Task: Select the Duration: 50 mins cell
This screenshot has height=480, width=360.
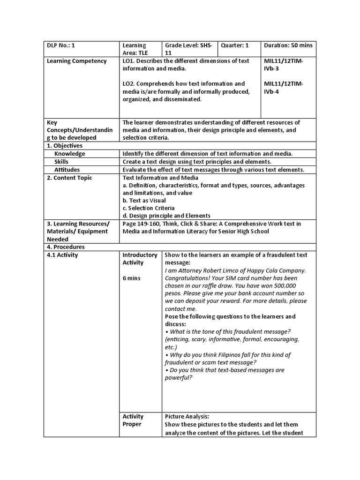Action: pyautogui.click(x=288, y=45)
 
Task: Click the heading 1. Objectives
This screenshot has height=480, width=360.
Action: pyautogui.click(x=65, y=146)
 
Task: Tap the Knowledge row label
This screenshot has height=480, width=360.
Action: pyautogui.click(x=69, y=154)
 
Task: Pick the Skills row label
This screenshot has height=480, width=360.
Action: pyautogui.click(x=61, y=162)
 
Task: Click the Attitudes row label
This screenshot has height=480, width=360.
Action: pyautogui.click(x=67, y=170)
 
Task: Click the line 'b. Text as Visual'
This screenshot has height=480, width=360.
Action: pyautogui.click(x=144, y=201)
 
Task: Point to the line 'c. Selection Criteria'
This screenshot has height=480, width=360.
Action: pyautogui.click(x=149, y=208)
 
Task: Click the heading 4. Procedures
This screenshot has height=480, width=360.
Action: pyautogui.click(x=66, y=247)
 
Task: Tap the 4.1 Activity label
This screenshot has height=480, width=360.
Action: pyautogui.click(x=62, y=255)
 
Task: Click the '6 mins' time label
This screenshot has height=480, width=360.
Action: pyautogui.click(x=131, y=278)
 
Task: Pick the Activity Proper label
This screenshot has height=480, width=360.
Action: pyautogui.click(x=133, y=420)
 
